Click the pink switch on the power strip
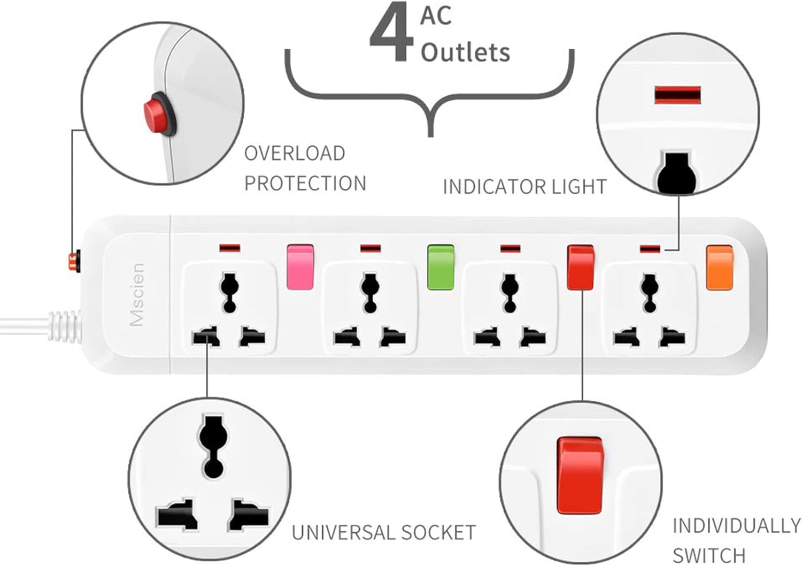pos(300,267)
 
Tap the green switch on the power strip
pos(441,267)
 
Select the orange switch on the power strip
pos(719,267)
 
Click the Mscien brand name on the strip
pos(137,294)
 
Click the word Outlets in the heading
pos(465,52)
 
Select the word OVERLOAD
pos(295,154)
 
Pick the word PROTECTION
pos(305,183)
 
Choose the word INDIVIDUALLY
pos(736,525)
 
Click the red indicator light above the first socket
pos(230,248)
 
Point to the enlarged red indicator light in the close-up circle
pos(677,95)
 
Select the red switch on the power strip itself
pos(580,267)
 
